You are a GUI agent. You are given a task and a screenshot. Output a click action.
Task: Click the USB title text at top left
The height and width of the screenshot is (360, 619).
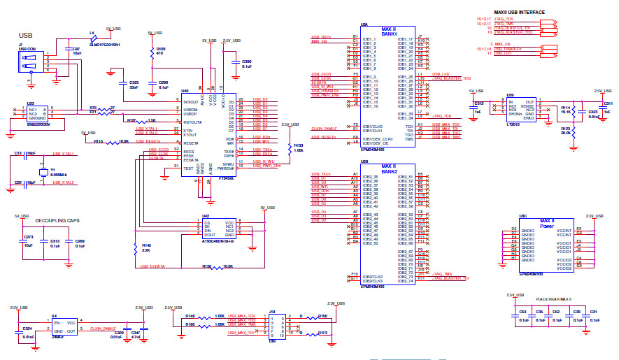[26, 35]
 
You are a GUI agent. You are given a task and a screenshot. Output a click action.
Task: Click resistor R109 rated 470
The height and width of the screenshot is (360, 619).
[153, 52]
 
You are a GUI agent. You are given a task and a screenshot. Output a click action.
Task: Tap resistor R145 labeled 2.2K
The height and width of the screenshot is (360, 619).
[135, 248]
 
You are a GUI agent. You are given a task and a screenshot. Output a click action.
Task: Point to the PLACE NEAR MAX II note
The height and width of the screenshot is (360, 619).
[553, 298]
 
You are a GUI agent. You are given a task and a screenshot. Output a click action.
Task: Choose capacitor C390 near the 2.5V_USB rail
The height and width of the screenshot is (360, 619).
[237, 64]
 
